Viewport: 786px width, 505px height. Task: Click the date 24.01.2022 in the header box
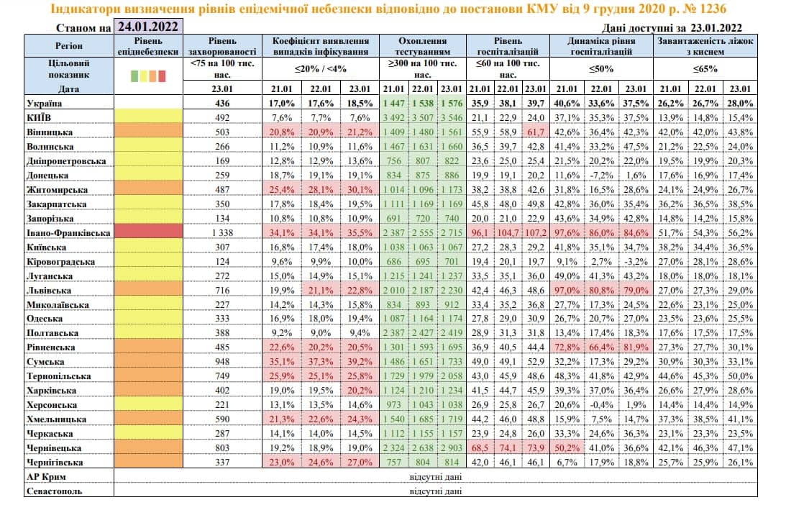tap(149, 27)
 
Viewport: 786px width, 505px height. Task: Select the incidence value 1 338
tap(221, 234)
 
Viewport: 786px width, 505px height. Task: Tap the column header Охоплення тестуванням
tap(423, 47)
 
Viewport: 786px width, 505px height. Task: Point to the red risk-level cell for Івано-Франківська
tap(149, 234)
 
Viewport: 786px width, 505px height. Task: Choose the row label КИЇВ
tap(37, 117)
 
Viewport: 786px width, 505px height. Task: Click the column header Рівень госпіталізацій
tap(507, 47)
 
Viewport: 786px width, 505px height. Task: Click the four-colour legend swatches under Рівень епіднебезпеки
tap(149, 75)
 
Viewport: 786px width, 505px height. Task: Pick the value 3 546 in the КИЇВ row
tap(452, 117)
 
